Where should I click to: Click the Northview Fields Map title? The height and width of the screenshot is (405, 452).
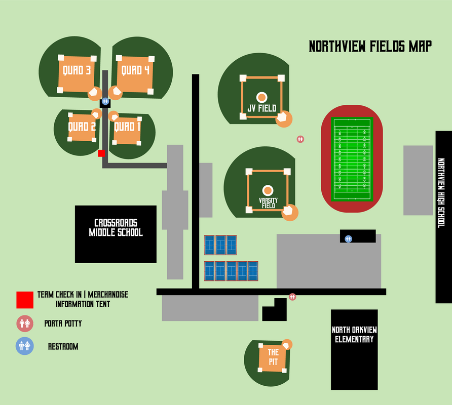[370, 47]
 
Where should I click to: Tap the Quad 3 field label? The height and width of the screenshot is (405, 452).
[77, 70]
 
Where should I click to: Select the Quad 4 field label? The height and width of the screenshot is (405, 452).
[135, 70]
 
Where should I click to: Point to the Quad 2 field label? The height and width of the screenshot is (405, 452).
[82, 127]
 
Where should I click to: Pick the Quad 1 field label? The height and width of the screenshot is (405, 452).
[127, 127]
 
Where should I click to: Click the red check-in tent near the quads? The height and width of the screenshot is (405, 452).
[101, 153]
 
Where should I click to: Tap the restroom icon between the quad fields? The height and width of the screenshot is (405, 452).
[105, 101]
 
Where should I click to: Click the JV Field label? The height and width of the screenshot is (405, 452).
[262, 108]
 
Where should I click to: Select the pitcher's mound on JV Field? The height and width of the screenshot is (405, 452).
[262, 97]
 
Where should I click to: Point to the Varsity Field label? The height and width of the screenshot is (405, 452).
[269, 203]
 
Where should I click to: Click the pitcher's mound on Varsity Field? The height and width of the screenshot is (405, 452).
[268, 190]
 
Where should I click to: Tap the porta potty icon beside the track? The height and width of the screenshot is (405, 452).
[300, 139]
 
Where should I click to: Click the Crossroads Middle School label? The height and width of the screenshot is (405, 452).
[116, 227]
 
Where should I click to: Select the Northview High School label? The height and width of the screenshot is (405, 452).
[441, 193]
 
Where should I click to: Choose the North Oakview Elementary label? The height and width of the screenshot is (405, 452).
[354, 335]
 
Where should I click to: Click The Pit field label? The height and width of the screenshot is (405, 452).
[273, 357]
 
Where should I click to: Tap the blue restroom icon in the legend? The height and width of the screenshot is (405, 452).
[24, 346]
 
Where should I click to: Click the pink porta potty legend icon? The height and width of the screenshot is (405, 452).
[25, 323]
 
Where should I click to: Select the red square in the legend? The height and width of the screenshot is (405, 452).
[25, 300]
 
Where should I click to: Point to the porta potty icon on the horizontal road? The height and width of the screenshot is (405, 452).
[292, 297]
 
